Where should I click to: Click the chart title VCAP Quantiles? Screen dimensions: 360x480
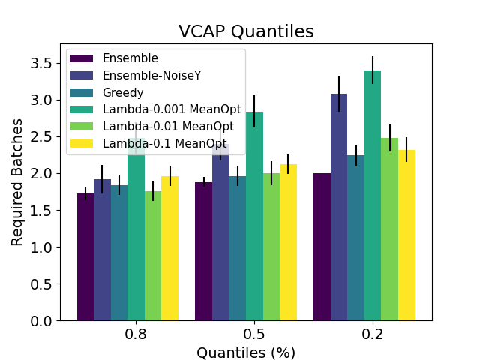[245, 31]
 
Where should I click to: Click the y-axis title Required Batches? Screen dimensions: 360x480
[17, 182]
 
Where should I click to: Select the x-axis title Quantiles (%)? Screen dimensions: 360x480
[245, 352]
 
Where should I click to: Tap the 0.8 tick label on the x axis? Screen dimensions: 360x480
[136, 334]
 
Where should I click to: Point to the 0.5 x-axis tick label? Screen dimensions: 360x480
[253, 334]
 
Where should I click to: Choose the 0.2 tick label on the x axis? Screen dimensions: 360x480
[372, 334]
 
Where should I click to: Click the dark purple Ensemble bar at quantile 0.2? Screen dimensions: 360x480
[322, 247]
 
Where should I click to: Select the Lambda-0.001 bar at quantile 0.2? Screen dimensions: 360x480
[373, 195]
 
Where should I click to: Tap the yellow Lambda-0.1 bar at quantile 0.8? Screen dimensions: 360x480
[169, 248]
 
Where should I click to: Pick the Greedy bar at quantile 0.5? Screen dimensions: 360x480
[237, 248]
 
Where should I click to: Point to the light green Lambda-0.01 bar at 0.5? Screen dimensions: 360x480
[271, 247]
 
